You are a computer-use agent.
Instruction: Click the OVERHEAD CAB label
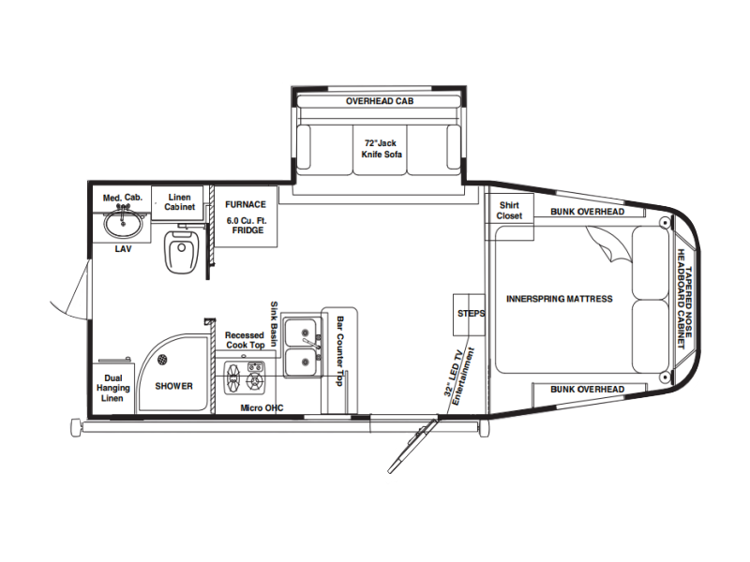[380, 101]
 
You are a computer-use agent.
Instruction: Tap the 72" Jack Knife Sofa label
[382, 149]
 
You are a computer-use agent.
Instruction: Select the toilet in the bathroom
[181, 251]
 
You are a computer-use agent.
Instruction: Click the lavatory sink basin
[124, 224]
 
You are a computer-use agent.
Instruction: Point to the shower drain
[162, 359]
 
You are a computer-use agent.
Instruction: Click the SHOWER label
[173, 386]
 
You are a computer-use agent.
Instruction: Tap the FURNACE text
[246, 204]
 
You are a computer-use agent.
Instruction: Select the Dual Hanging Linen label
[112, 388]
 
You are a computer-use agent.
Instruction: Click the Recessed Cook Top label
[245, 340]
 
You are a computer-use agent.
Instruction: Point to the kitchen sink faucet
[311, 342]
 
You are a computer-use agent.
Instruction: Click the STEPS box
[469, 315]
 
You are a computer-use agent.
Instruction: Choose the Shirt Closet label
[509, 210]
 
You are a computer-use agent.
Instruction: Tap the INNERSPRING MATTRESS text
[559, 299]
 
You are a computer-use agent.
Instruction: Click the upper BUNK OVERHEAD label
[588, 212]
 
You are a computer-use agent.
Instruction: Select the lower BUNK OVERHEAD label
[588, 390]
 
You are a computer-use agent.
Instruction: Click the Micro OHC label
[262, 408]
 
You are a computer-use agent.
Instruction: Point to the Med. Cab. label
[123, 198]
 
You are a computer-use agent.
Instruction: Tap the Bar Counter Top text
[339, 350]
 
